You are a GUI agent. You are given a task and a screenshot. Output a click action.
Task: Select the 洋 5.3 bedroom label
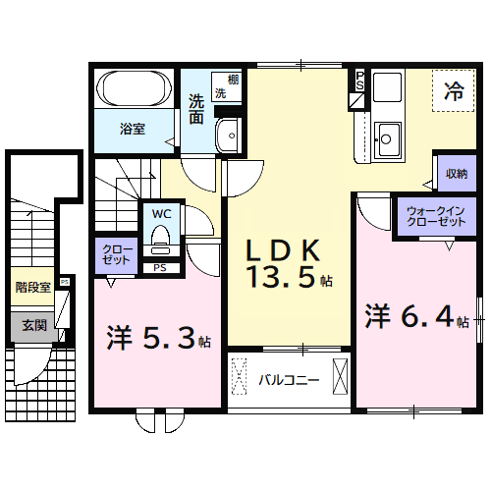tap(156, 340)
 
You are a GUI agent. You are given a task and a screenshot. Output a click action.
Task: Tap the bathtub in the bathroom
tap(135, 93)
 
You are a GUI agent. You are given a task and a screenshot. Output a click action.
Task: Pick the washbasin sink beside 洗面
tap(229, 134)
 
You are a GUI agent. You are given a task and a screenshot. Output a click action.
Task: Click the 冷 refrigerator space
tap(454, 92)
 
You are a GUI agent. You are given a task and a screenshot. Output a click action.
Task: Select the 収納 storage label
tap(456, 174)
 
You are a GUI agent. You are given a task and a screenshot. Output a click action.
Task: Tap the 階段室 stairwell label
tap(32, 288)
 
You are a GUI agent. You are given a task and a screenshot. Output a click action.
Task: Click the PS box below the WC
tap(159, 267)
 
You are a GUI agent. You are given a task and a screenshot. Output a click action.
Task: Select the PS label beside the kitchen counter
tap(359, 83)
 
